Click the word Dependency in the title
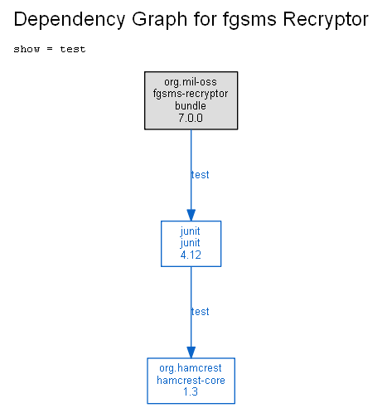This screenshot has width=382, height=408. [70, 20]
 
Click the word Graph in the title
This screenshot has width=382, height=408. [160, 20]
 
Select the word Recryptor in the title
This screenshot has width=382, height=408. [326, 20]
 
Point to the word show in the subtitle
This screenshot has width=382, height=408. [27, 49]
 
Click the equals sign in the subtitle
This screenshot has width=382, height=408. [50, 49]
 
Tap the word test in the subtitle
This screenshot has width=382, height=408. [73, 49]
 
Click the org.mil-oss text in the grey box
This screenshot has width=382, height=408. [191, 82]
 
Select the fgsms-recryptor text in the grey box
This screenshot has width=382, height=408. [191, 94]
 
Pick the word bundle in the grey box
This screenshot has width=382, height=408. [191, 106]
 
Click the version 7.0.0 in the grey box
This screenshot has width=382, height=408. [191, 118]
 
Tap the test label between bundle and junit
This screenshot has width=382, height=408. [200, 175]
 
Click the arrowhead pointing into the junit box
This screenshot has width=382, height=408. [191, 215]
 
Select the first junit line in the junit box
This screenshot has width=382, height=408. [190, 231]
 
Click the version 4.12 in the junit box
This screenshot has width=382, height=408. [191, 255]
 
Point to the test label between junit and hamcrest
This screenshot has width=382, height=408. [200, 312]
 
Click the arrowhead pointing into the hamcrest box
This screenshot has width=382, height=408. [191, 352]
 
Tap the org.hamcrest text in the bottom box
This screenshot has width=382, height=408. [191, 368]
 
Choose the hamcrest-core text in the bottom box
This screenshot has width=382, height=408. [191, 381]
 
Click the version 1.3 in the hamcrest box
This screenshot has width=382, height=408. [191, 392]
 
